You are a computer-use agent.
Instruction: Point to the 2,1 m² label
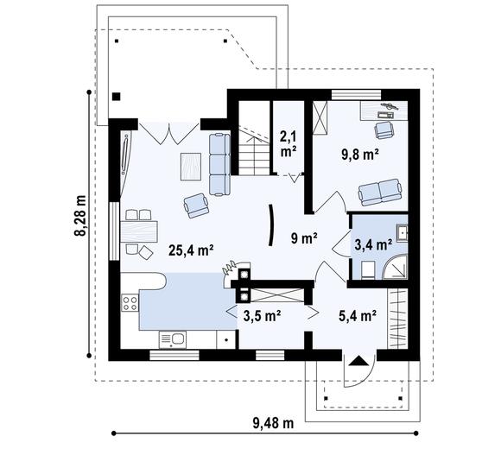tap(288, 142)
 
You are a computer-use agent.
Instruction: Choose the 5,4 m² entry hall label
tap(357, 316)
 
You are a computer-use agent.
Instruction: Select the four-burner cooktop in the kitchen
tap(131, 303)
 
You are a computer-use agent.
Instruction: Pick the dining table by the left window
tap(138, 230)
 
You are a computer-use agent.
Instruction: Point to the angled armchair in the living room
tap(196, 204)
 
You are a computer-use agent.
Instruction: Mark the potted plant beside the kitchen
tap(229, 262)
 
